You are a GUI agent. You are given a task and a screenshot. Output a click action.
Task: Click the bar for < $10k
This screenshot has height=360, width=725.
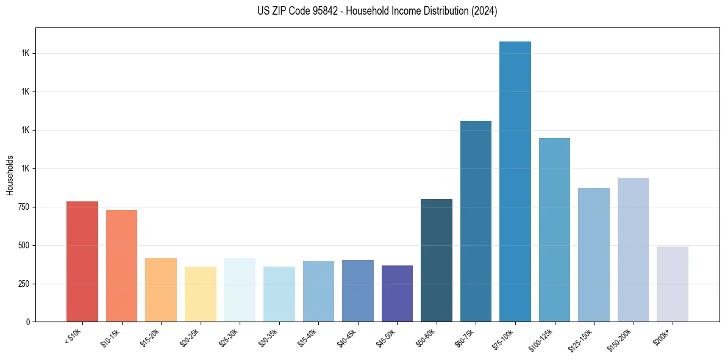pyautogui.click(x=82, y=261)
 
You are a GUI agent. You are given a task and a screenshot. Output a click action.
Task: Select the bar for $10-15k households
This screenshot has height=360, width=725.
pyautogui.click(x=121, y=265)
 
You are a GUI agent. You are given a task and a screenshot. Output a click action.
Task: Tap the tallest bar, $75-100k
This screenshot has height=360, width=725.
pyautogui.click(x=515, y=181)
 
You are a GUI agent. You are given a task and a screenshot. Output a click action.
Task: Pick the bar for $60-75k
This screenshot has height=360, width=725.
pyautogui.click(x=476, y=221)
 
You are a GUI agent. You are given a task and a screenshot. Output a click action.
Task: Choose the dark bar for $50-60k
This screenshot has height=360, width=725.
pyautogui.click(x=437, y=260)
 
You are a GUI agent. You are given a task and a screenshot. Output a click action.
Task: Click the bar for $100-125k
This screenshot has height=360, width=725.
pyautogui.click(x=554, y=229)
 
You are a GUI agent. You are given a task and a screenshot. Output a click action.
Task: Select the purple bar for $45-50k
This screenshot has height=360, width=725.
pyautogui.click(x=397, y=293)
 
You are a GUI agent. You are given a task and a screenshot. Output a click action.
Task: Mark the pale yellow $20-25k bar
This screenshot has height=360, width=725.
pyautogui.click(x=201, y=294)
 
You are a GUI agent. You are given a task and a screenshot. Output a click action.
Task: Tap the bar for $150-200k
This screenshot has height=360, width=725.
pyautogui.click(x=633, y=250)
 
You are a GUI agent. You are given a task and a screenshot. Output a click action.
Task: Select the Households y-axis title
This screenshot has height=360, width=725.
pyautogui.click(x=10, y=175)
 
